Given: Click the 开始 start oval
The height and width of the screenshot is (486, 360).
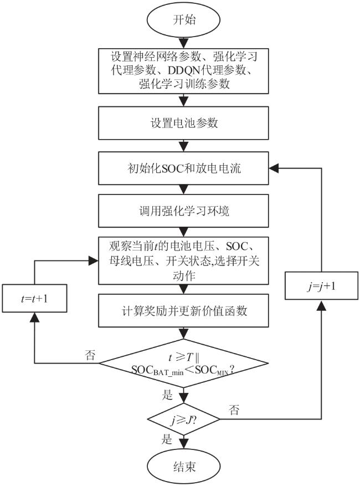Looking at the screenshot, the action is point(183,19).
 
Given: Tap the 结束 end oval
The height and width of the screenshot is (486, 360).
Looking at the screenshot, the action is point(183,466).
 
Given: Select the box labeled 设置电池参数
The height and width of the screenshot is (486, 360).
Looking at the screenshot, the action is point(183,123).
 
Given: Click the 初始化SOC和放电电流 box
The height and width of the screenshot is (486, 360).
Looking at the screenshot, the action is point(183,168).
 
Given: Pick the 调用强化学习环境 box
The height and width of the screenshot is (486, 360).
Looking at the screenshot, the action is point(183,211).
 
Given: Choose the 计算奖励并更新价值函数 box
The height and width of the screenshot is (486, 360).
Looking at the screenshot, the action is point(183,310).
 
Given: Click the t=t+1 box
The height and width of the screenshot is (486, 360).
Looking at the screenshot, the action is point(34,299).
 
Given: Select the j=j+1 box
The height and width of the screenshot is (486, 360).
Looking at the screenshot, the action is point(321,286).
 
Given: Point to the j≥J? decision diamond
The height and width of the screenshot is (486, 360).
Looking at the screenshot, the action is point(183,420).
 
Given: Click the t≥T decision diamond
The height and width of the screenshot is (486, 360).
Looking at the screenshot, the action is point(183,363).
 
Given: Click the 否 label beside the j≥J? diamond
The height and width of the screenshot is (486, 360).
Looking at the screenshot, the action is point(234,410).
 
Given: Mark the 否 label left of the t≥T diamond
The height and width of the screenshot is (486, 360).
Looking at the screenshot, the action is point(90,355).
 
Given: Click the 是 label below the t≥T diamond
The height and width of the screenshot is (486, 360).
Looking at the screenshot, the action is point(167,395).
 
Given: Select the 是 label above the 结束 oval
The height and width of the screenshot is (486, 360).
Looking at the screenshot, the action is point(167,439).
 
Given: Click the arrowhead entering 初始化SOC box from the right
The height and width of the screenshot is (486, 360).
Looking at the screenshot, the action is point(274,168).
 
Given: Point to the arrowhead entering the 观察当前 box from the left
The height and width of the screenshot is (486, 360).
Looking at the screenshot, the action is point(93,260).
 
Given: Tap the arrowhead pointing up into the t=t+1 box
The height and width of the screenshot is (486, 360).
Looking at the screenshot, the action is point(34,317).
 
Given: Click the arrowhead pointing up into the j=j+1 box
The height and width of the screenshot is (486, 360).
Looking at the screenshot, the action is point(321,304).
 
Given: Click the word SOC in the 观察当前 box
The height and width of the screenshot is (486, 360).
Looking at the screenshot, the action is point(237,247).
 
